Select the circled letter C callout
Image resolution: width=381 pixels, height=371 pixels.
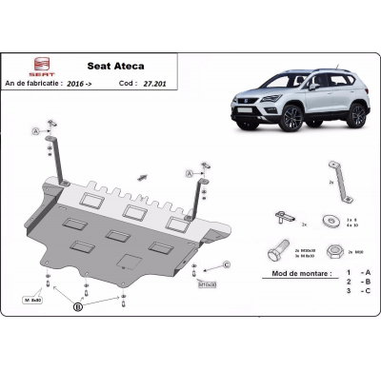228,264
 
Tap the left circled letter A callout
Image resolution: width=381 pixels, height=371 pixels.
36,130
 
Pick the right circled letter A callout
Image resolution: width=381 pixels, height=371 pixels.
189,174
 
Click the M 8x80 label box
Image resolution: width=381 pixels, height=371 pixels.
34,300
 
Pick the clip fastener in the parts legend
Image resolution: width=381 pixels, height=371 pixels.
283,218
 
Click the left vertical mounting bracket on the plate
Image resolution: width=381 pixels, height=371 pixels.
60,158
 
